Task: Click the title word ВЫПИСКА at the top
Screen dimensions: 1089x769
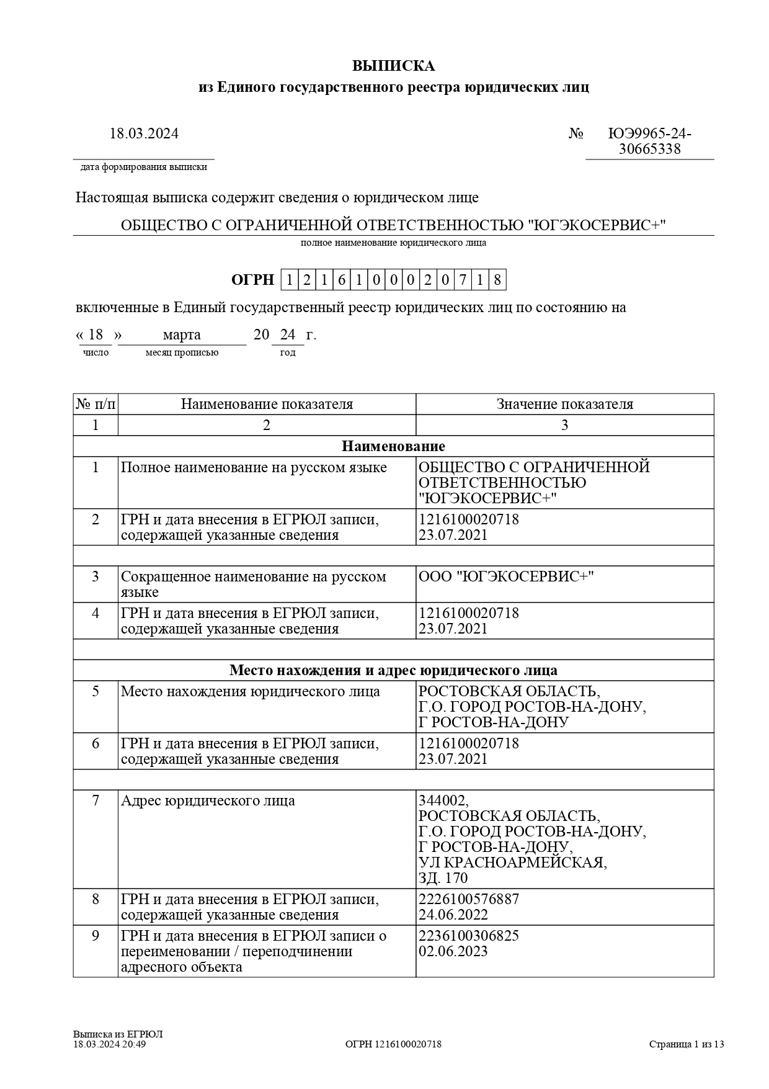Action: [393, 66]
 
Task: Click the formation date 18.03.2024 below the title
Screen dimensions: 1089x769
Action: [144, 133]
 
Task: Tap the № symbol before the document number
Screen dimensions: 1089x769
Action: [576, 134]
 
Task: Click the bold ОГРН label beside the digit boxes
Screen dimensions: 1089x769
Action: [252, 280]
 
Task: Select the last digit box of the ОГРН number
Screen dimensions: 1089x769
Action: [497, 280]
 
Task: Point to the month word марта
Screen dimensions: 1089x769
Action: [182, 335]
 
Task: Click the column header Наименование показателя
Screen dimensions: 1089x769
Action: [267, 405]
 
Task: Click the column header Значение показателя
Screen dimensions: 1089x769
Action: [564, 405]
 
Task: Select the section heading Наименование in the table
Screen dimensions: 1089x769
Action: [393, 446]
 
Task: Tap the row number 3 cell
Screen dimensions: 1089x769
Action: [96, 576]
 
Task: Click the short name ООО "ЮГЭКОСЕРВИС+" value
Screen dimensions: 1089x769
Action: [506, 576]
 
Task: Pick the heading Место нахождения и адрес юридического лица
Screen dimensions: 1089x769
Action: [393, 670]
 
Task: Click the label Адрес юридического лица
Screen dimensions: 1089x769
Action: [208, 800]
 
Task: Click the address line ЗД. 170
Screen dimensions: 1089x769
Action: [443, 878]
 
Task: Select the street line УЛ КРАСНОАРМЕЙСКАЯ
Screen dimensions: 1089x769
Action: [512, 863]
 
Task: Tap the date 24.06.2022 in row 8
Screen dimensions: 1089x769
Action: [453, 915]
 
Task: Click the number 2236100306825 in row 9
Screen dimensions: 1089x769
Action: [469, 936]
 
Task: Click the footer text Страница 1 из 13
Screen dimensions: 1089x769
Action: [687, 1044]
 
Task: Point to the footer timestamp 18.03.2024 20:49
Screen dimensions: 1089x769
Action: [110, 1044]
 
